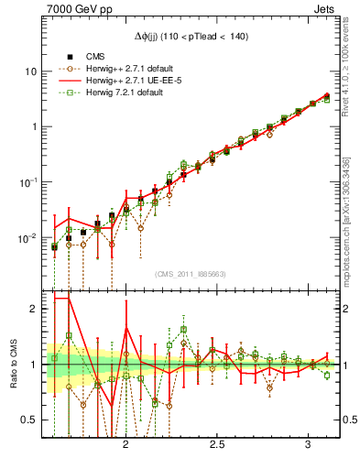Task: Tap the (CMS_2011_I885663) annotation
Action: coord(191,274)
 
